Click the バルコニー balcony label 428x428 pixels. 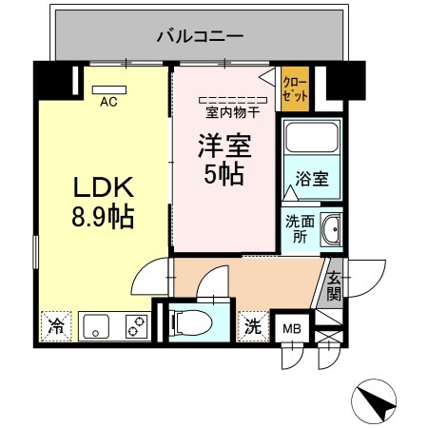(x=200, y=37)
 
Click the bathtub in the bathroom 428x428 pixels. (x=310, y=142)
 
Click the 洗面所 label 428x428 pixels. (x=297, y=230)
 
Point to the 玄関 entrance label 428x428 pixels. (x=334, y=285)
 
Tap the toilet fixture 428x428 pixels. (x=195, y=322)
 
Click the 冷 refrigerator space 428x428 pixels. (x=55, y=326)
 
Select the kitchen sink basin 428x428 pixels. (x=96, y=326)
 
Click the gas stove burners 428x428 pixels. (x=135, y=326)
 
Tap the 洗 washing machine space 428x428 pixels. (x=253, y=325)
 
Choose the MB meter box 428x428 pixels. (x=290, y=329)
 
